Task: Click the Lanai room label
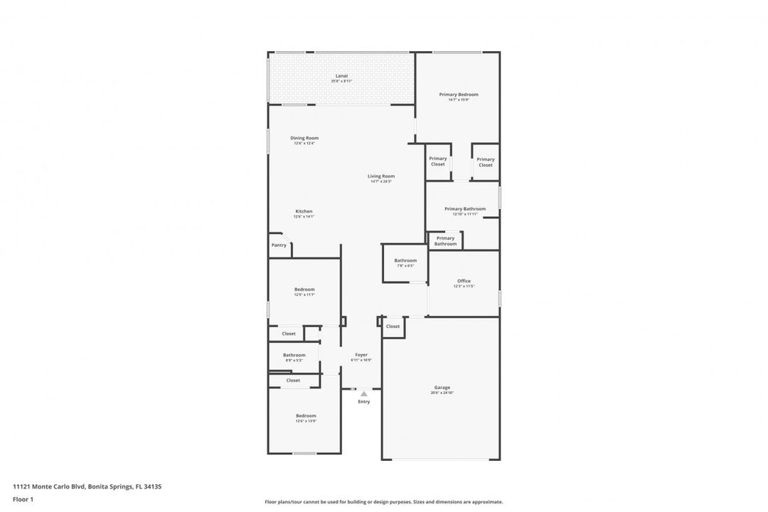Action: pos(341,76)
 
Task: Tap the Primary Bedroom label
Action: pos(459,95)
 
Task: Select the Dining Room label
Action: pos(304,138)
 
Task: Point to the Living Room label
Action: pos(381,176)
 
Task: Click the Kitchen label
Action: pos(304,211)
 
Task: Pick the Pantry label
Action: pos(279,245)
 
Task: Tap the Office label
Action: pos(464,281)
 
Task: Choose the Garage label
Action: pos(442,388)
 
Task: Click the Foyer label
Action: pos(361,355)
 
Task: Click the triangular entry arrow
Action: pos(363,393)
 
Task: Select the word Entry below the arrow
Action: pos(363,402)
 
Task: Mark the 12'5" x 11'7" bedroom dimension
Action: pos(304,294)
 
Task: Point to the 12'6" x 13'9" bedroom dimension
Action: pos(306,421)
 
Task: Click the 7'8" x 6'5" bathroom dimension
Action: pos(405,266)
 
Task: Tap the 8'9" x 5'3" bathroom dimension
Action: pos(294,361)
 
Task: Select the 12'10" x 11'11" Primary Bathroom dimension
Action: pos(465,214)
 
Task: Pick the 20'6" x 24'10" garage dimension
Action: pos(442,393)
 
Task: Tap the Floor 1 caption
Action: pos(23,499)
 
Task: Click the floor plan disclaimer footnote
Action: pos(383,501)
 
